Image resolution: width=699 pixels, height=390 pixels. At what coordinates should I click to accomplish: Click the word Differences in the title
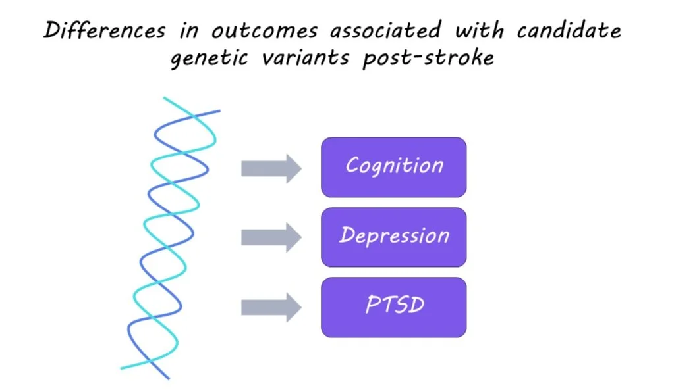[104, 30]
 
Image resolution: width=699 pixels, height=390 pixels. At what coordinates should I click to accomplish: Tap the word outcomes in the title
[264, 31]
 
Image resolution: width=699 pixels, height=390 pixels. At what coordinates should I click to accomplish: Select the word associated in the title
[385, 30]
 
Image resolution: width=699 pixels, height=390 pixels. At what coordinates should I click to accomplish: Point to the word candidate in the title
[569, 30]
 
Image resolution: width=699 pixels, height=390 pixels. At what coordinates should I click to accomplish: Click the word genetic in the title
[210, 59]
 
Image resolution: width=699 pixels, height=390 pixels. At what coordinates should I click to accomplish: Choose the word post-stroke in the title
[428, 58]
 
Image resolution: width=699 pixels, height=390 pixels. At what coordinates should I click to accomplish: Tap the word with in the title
[479, 30]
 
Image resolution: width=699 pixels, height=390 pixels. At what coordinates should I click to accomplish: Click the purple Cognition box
[393, 168]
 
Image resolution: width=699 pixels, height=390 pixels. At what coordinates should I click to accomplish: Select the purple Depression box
[393, 237]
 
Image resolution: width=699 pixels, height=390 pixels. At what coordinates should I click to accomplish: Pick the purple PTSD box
[393, 307]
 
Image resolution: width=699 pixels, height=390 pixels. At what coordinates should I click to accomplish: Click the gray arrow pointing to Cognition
[271, 169]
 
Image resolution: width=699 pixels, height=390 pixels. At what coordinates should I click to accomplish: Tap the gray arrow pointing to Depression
[271, 237]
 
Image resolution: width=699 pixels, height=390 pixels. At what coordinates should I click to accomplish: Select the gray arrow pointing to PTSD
[271, 307]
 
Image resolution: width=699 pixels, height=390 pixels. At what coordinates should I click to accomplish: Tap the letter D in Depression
[347, 235]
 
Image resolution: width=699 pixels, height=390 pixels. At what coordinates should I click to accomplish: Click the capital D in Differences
[51, 31]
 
